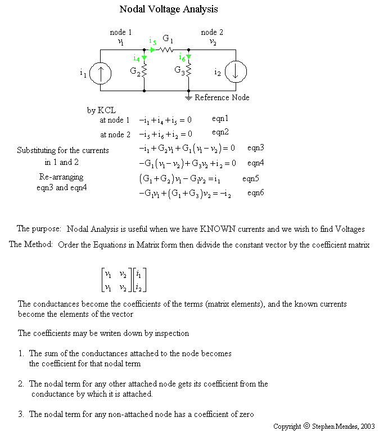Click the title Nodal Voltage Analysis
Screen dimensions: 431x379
click(169, 10)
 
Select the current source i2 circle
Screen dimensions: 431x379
click(236, 71)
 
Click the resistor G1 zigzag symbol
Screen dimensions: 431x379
click(168, 50)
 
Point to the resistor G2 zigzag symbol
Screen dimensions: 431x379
click(145, 71)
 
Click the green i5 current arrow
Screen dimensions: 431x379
click(153, 50)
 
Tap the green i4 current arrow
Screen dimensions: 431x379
click(145, 57)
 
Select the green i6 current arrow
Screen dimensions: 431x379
click(188, 57)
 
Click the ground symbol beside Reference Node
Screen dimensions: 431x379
click(188, 97)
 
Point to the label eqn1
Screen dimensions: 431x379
click(220, 119)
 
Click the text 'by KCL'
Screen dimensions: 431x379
click(101, 110)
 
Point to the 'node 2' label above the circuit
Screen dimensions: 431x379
click(212, 32)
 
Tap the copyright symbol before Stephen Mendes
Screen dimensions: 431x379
click(306, 426)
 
